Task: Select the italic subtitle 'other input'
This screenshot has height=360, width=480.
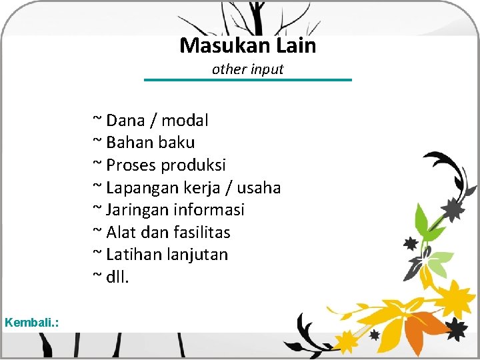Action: click(x=248, y=69)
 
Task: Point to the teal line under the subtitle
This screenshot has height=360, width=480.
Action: click(x=248, y=80)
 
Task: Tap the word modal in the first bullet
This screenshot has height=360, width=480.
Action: click(x=185, y=121)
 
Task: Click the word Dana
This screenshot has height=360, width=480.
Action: click(x=126, y=121)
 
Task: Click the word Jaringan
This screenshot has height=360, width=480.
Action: click(x=137, y=210)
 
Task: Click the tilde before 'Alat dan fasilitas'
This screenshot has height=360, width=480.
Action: click(x=97, y=231)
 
